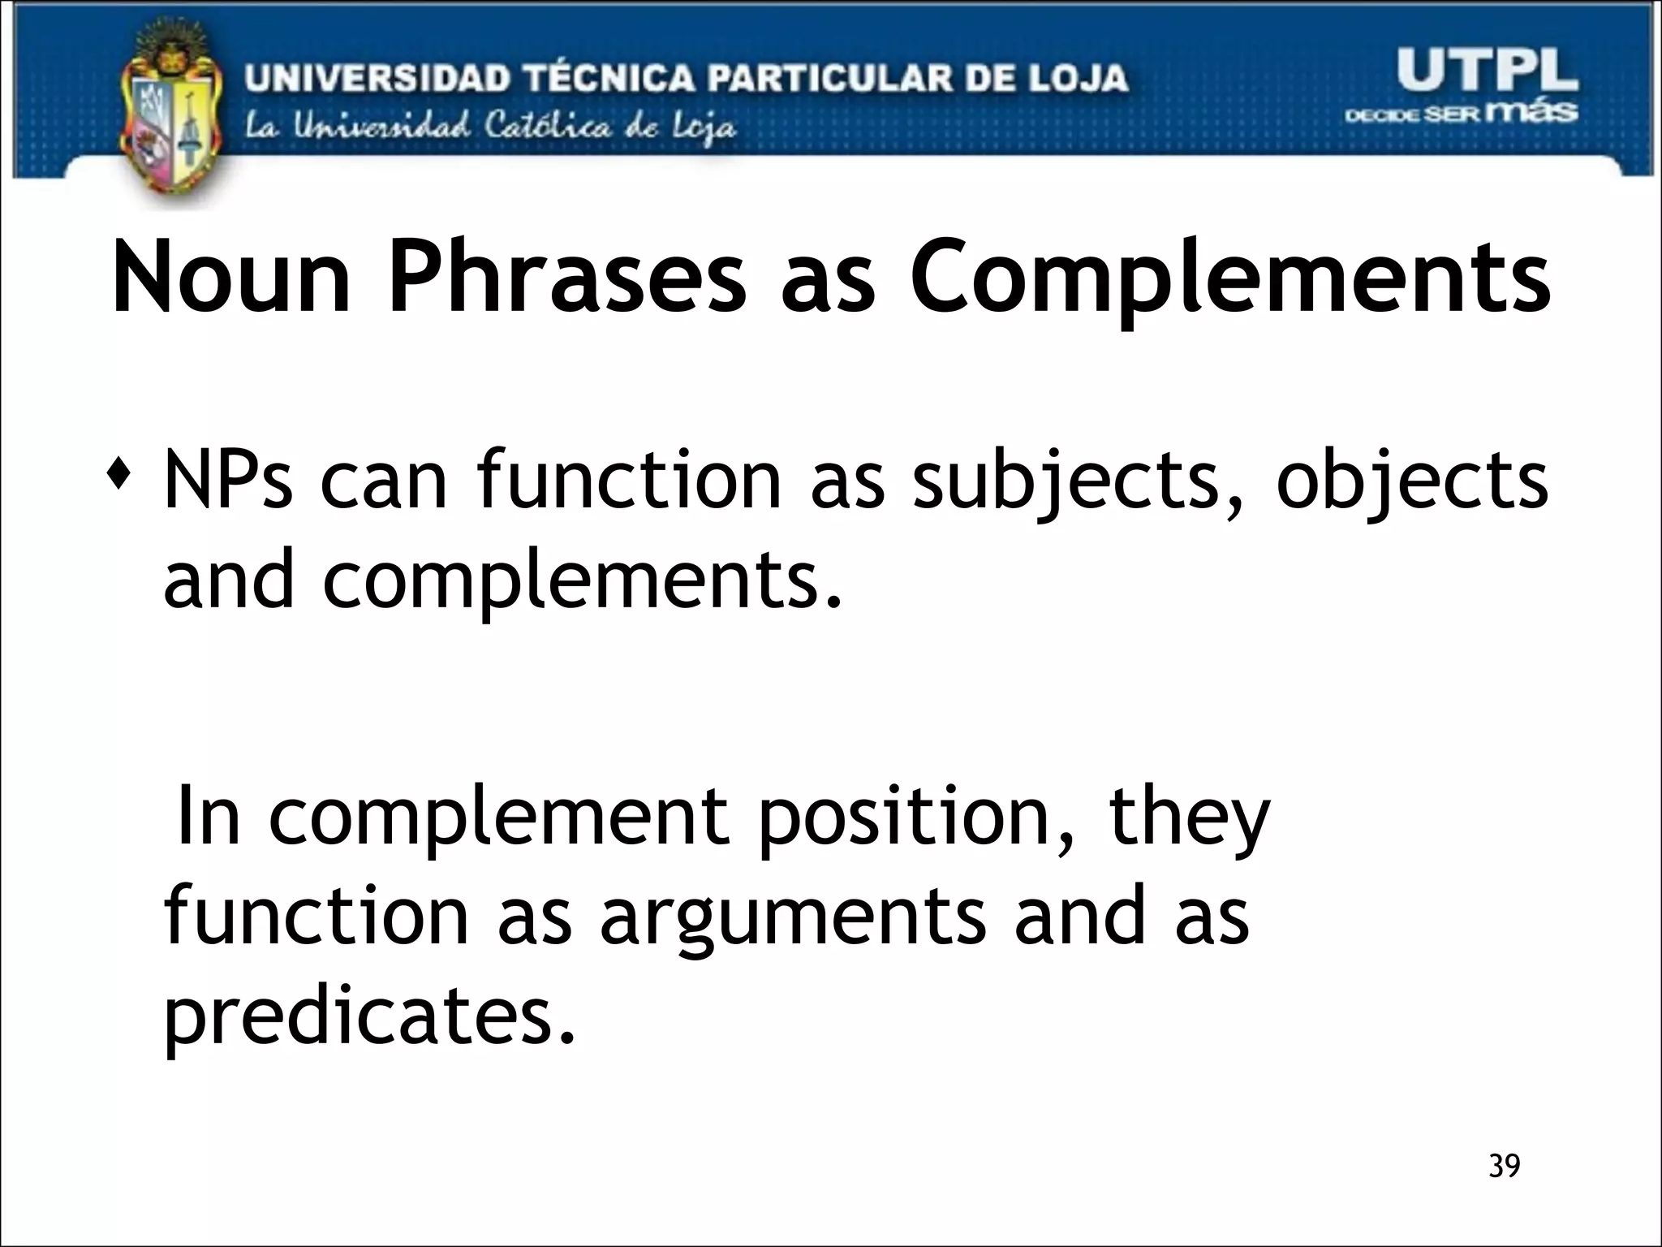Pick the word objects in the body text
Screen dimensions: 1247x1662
click(x=1412, y=483)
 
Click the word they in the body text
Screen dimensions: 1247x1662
click(x=1189, y=818)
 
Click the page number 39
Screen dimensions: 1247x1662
click(x=1505, y=1167)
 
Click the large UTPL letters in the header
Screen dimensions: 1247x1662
click(x=1487, y=71)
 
